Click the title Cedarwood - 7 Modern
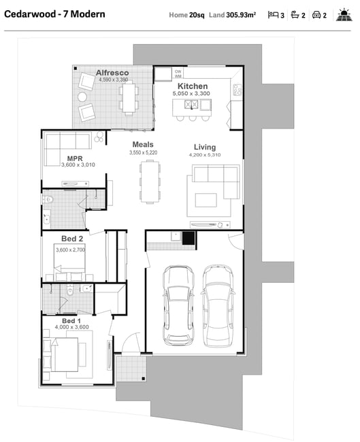point(54,14)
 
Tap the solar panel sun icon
point(344,15)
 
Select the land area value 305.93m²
point(241,15)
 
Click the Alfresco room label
point(112,73)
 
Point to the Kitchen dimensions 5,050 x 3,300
point(191,94)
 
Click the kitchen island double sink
point(191,105)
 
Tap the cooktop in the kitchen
point(238,90)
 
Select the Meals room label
point(143,145)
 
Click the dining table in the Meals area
point(150,182)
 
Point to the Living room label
point(205,147)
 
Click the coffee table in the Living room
point(206,200)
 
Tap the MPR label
point(75,158)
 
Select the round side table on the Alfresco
point(82,97)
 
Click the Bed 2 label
point(72,239)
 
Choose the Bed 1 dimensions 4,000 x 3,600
point(71,327)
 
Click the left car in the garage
point(178,305)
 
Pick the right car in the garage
point(218,305)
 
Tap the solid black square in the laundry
point(189,238)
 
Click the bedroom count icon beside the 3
point(273,15)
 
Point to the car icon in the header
point(316,15)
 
